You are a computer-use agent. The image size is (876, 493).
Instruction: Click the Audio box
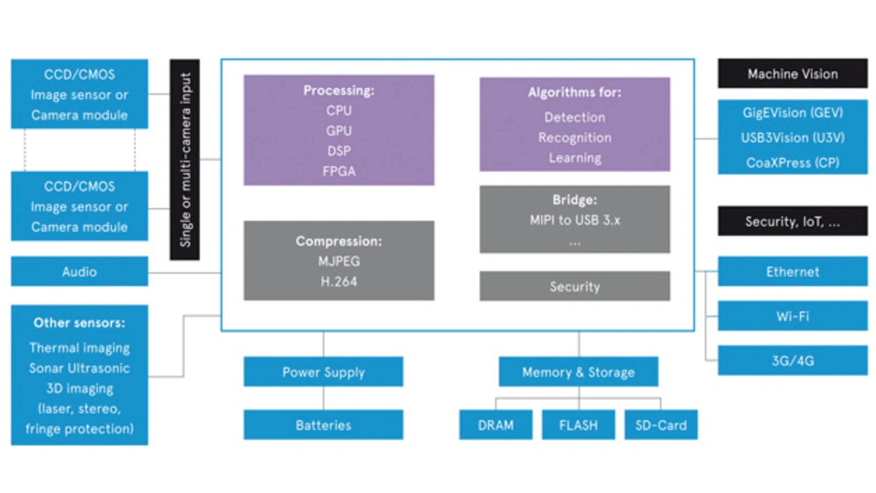click(79, 271)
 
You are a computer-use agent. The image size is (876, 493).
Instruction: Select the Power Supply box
click(323, 372)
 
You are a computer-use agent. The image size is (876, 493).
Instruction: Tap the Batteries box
click(323, 425)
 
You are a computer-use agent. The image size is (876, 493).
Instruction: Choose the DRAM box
click(495, 425)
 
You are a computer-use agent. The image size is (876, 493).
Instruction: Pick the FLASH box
click(578, 425)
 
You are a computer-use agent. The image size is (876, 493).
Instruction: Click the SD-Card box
click(660, 425)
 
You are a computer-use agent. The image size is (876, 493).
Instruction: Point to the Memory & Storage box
click(578, 372)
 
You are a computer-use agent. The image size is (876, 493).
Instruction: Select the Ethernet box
click(793, 271)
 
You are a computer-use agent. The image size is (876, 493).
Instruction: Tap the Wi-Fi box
click(793, 317)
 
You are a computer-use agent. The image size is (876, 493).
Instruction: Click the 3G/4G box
click(793, 360)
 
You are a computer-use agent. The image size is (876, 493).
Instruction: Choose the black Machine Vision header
click(793, 74)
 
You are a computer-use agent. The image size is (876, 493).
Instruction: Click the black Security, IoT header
click(793, 222)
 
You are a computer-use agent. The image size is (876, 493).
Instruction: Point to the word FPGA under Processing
click(339, 172)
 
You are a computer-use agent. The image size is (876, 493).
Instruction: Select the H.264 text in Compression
click(339, 281)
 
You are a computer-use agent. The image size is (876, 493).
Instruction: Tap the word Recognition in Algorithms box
click(574, 137)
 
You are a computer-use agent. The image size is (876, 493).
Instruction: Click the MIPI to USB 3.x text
click(574, 221)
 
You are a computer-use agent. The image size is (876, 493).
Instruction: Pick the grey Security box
click(574, 287)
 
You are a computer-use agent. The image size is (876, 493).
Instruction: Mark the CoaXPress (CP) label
click(793, 163)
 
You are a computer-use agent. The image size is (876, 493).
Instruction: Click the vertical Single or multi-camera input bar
click(185, 159)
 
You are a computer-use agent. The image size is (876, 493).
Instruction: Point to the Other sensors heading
click(79, 323)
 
